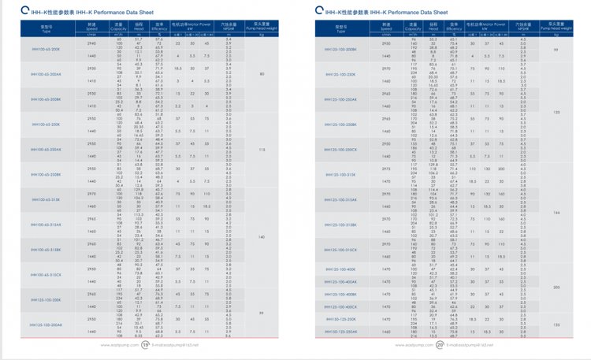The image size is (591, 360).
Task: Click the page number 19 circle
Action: pyautogui.click(x=145, y=344)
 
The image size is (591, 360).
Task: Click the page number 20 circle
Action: pyautogui.click(x=438, y=344)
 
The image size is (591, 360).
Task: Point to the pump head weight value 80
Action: pyautogui.click(x=261, y=75)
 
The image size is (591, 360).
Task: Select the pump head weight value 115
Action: pyautogui.click(x=261, y=150)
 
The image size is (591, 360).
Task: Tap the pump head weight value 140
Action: pyautogui.click(x=261, y=236)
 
